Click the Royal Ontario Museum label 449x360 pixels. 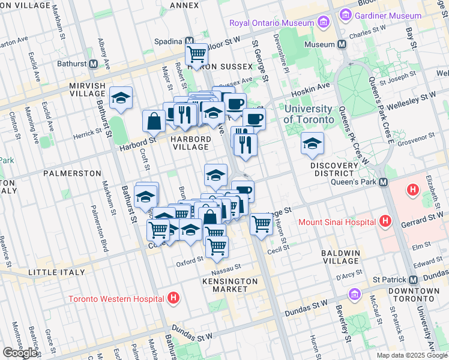pyautogui.click(x=271, y=24)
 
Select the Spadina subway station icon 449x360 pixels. pyautogui.click(x=189, y=41)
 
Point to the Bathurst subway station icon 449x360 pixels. pyautogui.click(x=94, y=63)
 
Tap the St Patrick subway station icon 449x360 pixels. pyautogui.click(x=413, y=280)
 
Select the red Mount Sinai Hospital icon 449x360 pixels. pyautogui.click(x=386, y=221)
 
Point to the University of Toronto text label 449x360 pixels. pyautogui.click(x=308, y=114)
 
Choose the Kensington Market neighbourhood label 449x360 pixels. pyautogui.click(x=230, y=285)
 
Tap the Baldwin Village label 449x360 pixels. pyautogui.click(x=340, y=257)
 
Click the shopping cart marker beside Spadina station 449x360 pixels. pyautogui.click(x=196, y=54)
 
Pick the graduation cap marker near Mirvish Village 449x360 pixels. pyautogui.click(x=121, y=98)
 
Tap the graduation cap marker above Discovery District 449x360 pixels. pyautogui.click(x=312, y=143)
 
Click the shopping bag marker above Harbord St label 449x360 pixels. pyautogui.click(x=154, y=121)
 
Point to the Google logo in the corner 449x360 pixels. pyautogui.click(x=20, y=353)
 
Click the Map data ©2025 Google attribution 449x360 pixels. pyautogui.click(x=412, y=355)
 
